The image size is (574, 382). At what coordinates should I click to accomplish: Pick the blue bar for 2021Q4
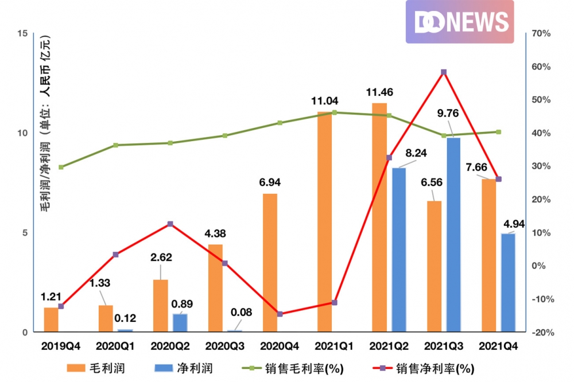pos(508,282)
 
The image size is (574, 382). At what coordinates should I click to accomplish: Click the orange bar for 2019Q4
pos(51,319)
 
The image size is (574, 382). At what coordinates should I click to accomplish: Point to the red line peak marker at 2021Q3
pos(444,72)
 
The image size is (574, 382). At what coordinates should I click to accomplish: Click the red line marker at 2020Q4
pos(280,314)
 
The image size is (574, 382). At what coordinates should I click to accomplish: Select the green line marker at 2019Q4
pos(61,167)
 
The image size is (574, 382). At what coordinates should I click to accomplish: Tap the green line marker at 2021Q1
pos(335,112)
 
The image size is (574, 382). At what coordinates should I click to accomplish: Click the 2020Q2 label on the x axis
pos(170,347)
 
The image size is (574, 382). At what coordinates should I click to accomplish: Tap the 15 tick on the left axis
pos(23,34)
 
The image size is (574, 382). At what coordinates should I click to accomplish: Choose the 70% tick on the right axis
pos(541,34)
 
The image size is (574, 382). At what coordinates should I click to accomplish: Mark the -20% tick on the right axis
pos(541,332)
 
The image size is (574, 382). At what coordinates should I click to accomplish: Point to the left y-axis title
pos(45,123)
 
